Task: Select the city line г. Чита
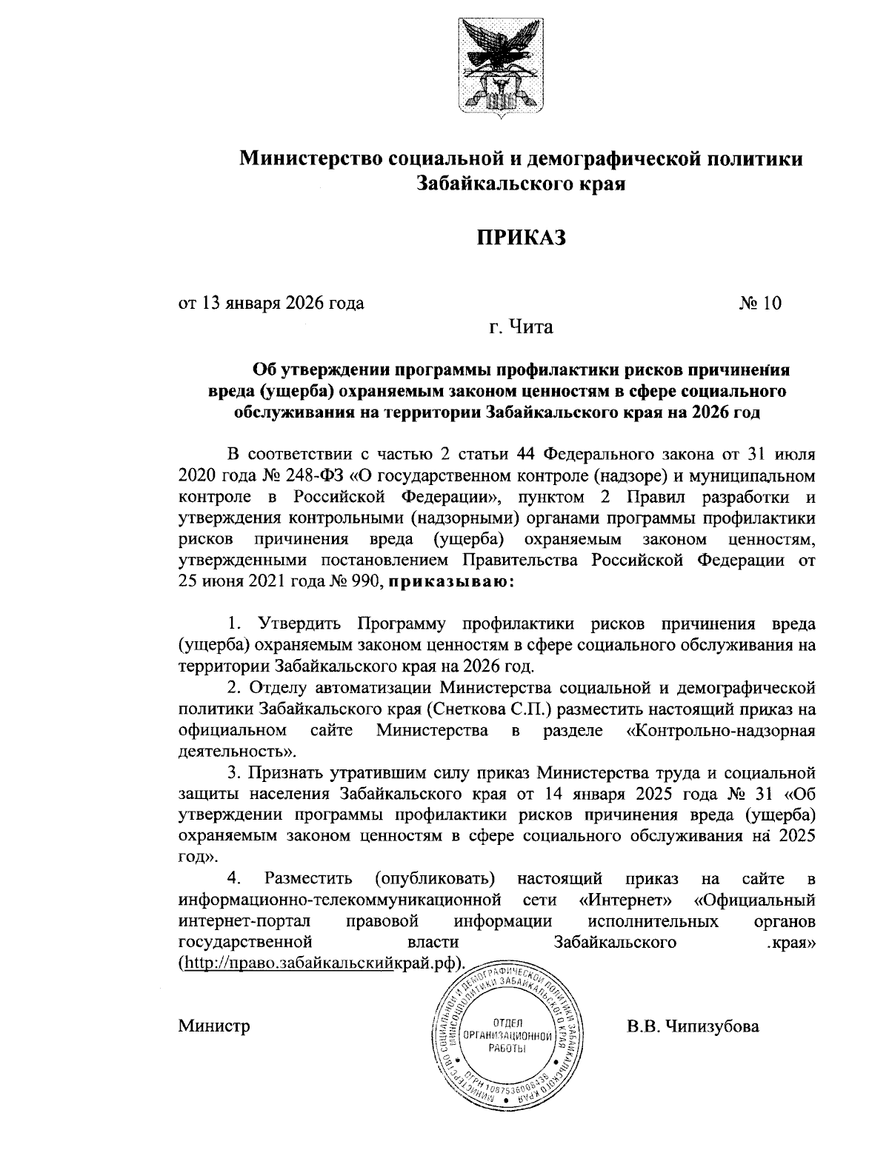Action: (x=520, y=327)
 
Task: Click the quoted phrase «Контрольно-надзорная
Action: (x=721, y=731)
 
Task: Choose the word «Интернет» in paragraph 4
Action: (x=625, y=901)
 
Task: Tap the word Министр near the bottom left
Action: (x=214, y=1026)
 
